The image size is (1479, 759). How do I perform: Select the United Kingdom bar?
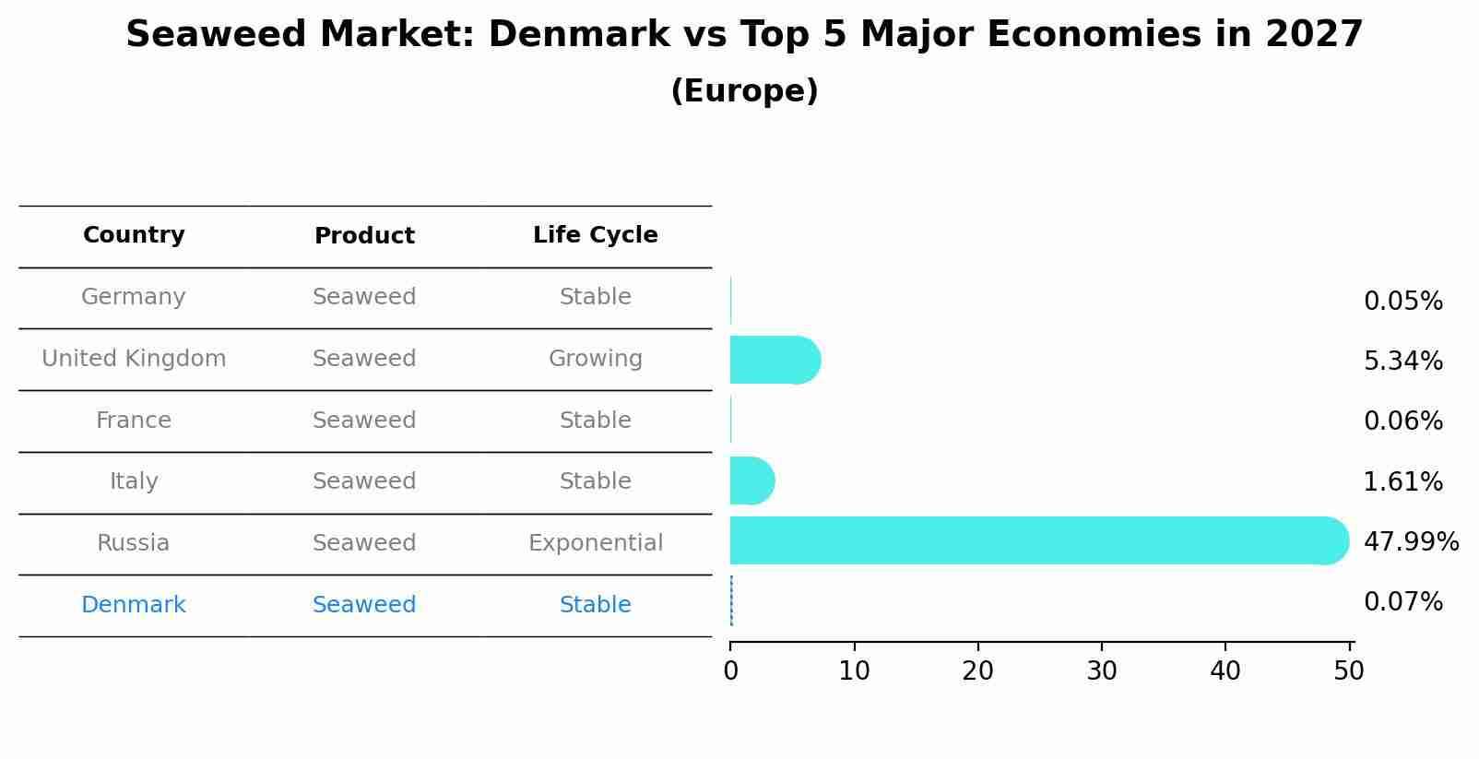(x=773, y=360)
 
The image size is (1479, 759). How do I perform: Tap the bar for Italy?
(x=751, y=480)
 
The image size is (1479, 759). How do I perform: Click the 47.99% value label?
(x=1410, y=542)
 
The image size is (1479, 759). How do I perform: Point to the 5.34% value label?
(x=1402, y=362)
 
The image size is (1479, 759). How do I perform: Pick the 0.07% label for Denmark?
(x=1402, y=602)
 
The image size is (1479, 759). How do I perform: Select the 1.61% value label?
(x=1402, y=482)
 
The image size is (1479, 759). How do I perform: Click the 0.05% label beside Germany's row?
(x=1402, y=302)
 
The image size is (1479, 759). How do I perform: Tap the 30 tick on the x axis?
(x=1102, y=671)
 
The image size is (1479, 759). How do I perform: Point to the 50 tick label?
(x=1348, y=671)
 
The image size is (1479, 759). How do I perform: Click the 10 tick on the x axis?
(x=854, y=671)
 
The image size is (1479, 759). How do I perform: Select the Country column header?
(x=134, y=235)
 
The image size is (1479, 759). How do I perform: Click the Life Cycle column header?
(x=595, y=235)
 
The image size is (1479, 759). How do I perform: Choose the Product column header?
(x=364, y=236)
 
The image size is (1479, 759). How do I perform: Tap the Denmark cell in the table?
(x=134, y=605)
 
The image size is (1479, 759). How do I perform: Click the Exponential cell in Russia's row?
(x=595, y=543)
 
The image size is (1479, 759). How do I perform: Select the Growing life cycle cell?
(x=595, y=359)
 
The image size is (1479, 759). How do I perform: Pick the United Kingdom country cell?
(x=134, y=359)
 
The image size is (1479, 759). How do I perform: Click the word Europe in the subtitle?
(x=744, y=91)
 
